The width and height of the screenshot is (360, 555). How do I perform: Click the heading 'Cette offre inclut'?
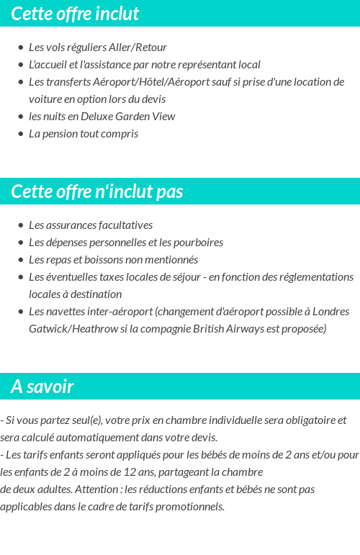pyautogui.click(x=75, y=14)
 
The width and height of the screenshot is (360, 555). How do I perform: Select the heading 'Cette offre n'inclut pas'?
pyautogui.click(x=97, y=191)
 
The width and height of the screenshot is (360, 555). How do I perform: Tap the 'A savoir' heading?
pyautogui.click(x=42, y=387)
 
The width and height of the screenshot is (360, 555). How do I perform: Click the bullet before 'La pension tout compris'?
pyautogui.click(x=21, y=134)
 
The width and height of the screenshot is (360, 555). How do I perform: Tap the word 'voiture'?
pyautogui.click(x=46, y=99)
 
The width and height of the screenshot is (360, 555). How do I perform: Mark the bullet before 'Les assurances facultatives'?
pyautogui.click(x=21, y=225)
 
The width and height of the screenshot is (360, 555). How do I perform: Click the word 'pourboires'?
pyautogui.click(x=198, y=242)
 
